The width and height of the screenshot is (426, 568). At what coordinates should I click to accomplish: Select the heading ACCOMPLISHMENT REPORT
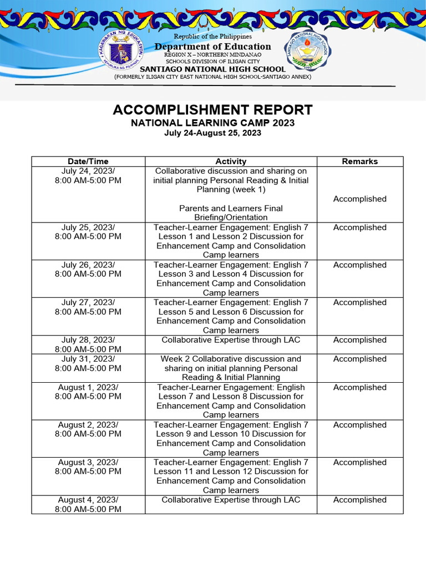pyautogui.click(x=212, y=110)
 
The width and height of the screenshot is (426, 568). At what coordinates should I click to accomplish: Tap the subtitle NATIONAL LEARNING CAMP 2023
pyautogui.click(x=212, y=123)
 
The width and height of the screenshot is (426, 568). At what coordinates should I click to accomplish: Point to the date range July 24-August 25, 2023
pyautogui.click(x=212, y=133)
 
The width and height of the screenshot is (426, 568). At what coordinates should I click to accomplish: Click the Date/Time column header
pyautogui.click(x=88, y=161)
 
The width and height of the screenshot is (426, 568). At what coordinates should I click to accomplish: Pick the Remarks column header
pyautogui.click(x=359, y=161)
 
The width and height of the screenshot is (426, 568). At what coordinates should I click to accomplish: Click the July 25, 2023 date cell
pyautogui.click(x=88, y=232)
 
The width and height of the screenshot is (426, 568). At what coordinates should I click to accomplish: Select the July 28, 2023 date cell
pyautogui.click(x=88, y=344)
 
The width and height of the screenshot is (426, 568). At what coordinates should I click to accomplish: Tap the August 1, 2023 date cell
pyautogui.click(x=88, y=392)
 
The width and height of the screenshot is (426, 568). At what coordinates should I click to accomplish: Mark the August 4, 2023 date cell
pyautogui.click(x=88, y=504)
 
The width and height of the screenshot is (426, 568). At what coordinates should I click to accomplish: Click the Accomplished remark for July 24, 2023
pyautogui.click(x=359, y=199)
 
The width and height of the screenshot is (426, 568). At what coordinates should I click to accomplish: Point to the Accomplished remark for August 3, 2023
pyautogui.click(x=359, y=462)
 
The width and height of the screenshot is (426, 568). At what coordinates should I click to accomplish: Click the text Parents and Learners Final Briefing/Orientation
pyautogui.click(x=230, y=213)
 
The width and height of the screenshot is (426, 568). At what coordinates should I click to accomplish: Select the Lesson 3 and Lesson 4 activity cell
pyautogui.click(x=230, y=278)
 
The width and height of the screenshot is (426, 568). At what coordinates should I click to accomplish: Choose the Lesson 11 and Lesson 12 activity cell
pyautogui.click(x=230, y=476)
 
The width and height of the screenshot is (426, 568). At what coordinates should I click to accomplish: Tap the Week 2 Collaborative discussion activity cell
pyautogui.click(x=230, y=368)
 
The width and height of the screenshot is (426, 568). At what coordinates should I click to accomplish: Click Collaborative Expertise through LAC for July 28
pyautogui.click(x=230, y=340)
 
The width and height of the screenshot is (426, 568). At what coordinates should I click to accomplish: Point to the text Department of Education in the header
pyautogui.click(x=212, y=47)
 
